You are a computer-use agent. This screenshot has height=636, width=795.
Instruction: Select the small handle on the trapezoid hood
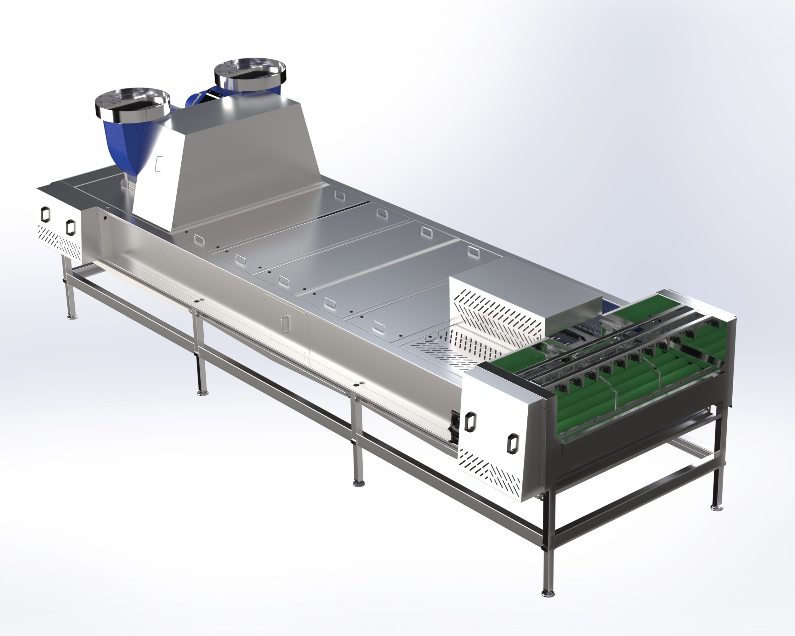pos(159,163)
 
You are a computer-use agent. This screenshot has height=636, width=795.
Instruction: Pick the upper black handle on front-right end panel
pos(470,421)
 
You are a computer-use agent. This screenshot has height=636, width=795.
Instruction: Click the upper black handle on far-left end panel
pos(45,214)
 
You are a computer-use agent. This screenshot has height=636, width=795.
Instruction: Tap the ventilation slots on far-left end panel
pos(59,242)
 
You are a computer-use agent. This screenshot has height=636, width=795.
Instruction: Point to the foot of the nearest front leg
pos(548,593)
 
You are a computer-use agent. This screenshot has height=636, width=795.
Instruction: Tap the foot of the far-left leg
pos(72,316)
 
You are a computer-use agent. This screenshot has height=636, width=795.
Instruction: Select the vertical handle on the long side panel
pos(285,323)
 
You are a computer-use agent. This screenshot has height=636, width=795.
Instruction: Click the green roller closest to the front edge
pos(590,406)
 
